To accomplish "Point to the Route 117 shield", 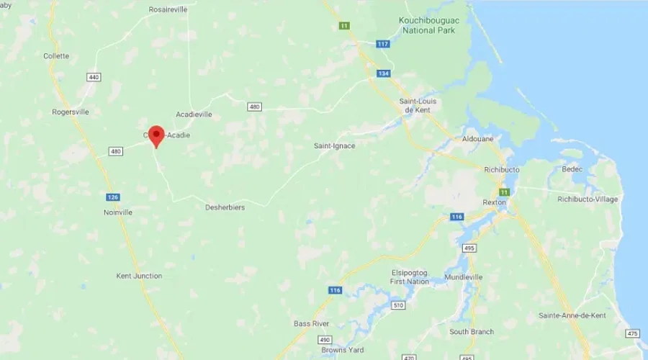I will [382, 44].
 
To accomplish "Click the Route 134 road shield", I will [384, 73].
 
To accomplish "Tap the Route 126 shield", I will [112, 197].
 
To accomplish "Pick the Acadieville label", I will [194, 114].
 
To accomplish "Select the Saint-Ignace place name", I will [334, 145].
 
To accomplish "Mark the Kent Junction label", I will [139, 276].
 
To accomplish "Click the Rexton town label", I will [495, 203].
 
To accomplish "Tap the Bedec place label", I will [574, 170].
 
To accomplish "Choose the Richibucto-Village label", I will [588, 199].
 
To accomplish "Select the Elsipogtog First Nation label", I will [410, 276].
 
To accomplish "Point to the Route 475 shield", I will [632, 333].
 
